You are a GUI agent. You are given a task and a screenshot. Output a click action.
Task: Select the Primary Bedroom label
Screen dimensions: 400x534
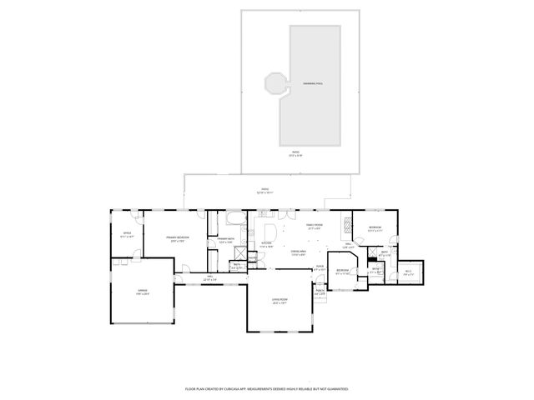[176, 238]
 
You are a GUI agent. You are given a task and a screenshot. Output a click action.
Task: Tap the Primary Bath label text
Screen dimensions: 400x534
[224, 240]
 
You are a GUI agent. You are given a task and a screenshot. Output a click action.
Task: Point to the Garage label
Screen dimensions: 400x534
[143, 291]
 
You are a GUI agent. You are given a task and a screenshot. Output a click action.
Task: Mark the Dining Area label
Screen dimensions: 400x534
[299, 253]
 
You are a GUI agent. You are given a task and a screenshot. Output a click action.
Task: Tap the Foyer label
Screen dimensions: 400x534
[320, 267]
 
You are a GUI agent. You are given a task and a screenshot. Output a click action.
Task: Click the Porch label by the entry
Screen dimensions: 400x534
[320, 291]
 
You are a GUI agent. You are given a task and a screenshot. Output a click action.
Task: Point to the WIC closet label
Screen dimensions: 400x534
[409, 272]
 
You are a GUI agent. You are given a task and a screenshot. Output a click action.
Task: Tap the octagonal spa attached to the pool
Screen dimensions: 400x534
[273, 84]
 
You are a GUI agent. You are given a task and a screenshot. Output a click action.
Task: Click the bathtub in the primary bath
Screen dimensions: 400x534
[234, 222]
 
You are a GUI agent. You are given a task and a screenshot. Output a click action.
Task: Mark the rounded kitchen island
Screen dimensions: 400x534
[269, 230]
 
